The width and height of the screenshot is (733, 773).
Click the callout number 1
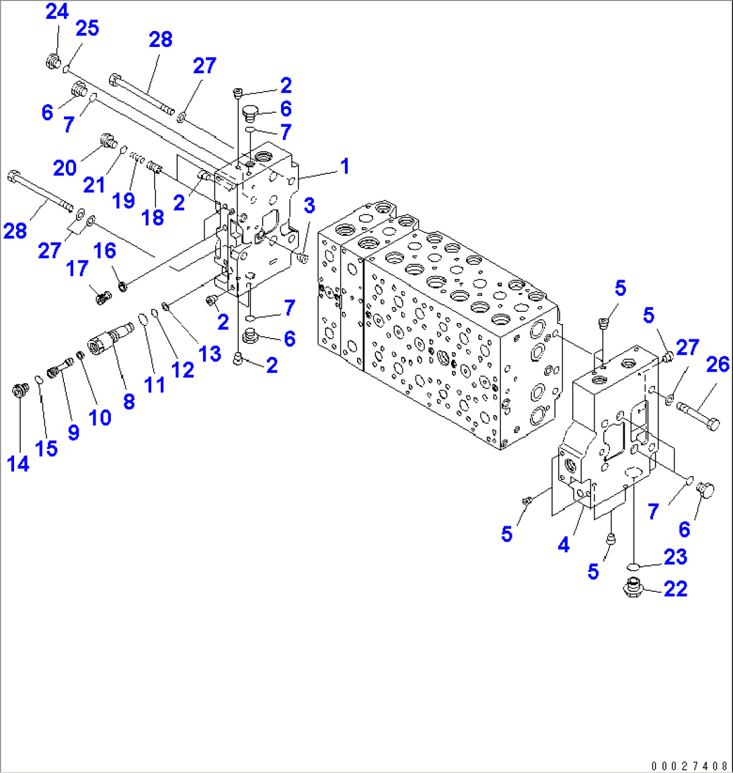click(344, 166)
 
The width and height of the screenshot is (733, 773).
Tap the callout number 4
click(564, 545)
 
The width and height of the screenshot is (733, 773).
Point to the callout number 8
click(128, 401)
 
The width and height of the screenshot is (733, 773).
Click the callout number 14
click(18, 463)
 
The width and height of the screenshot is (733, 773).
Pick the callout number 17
click(77, 269)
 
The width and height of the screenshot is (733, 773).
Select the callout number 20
click(65, 167)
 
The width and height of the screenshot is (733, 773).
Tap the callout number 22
click(675, 589)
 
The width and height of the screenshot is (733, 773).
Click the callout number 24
click(57, 11)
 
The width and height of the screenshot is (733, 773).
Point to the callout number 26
click(718, 364)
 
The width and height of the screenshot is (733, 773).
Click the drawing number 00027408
click(689, 765)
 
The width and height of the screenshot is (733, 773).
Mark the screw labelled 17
click(102, 295)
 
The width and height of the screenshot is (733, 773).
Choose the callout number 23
click(675, 557)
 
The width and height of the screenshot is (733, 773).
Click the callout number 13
click(210, 354)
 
